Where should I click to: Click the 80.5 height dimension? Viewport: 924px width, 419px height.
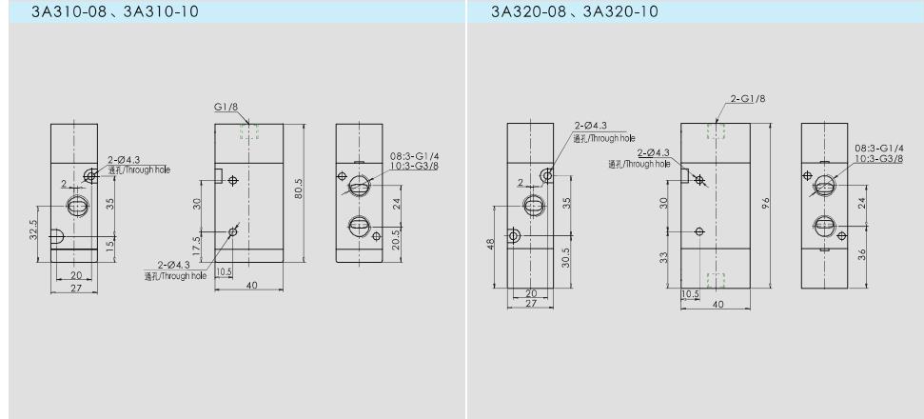coord(299,188)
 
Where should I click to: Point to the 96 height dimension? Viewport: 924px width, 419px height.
coord(765,203)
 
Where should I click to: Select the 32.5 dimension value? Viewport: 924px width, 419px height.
coord(33,229)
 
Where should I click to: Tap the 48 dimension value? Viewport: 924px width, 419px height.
coord(490,244)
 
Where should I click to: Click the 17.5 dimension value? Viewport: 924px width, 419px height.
coord(197,244)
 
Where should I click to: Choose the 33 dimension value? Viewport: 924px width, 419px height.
coord(663,257)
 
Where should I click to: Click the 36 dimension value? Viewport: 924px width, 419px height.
coord(861,255)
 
